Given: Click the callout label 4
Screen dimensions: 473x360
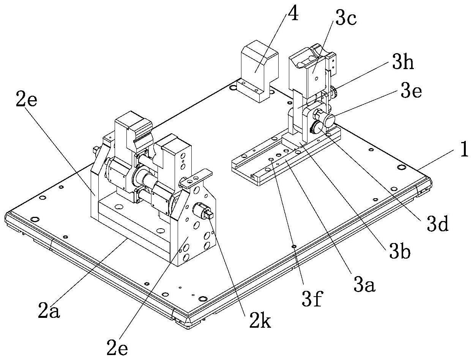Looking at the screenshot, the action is pyautogui.click(x=293, y=13).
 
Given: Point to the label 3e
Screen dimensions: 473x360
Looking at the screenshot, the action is pyautogui.click(x=411, y=90).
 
